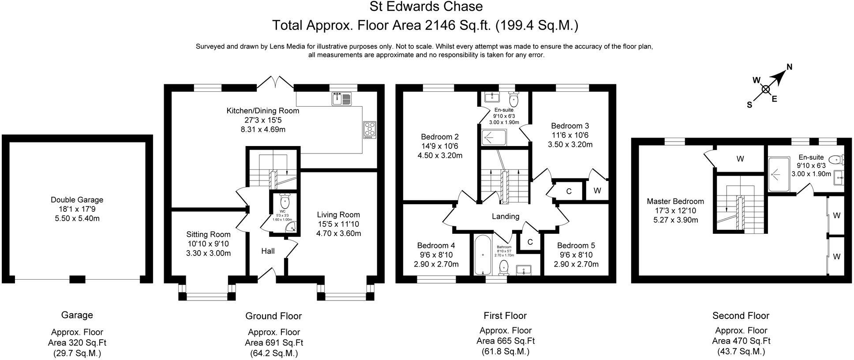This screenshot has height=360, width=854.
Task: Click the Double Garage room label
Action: [x=77, y=200]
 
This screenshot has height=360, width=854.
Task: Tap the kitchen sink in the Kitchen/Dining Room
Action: [x=342, y=99]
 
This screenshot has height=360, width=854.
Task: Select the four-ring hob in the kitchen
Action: [x=369, y=130]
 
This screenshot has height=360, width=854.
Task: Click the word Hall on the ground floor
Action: [x=268, y=251]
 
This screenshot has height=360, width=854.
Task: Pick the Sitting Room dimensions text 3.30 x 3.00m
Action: [x=208, y=253]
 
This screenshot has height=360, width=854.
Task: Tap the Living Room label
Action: [x=338, y=215]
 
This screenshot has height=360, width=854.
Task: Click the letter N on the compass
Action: [x=790, y=67]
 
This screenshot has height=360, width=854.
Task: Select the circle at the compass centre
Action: [x=766, y=90]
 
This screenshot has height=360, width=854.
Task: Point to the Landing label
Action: [x=506, y=216]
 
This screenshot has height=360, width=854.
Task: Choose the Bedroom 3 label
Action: [x=570, y=126]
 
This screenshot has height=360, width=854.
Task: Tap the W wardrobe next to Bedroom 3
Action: [x=597, y=191]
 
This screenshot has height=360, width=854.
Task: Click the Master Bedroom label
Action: [x=675, y=201]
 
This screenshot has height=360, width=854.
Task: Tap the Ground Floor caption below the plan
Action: [x=273, y=316]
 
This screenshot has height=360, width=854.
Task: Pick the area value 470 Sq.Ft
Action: [x=741, y=341]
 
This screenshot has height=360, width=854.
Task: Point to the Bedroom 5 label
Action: [x=576, y=245]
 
